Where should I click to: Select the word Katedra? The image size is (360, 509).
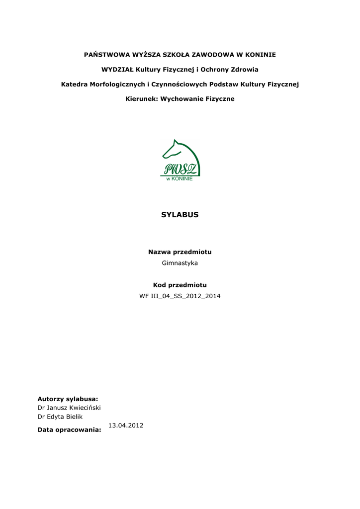tap(74, 85)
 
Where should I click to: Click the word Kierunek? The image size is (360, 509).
tap(141, 99)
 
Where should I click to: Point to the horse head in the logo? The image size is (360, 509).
tap(179, 151)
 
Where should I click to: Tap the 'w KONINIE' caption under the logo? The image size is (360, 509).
tap(180, 178)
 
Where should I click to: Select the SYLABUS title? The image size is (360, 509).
tap(180, 215)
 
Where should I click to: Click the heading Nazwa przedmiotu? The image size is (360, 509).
tap(180, 252)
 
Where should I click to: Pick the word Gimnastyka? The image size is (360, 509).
tap(180, 263)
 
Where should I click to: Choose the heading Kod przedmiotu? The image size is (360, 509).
tap(180, 285)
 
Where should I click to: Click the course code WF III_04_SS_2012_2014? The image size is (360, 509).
tap(180, 296)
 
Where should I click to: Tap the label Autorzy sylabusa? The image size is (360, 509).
tap(68, 399)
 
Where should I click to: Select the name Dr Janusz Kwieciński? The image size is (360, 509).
tap(69, 408)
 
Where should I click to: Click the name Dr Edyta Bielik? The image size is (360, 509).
tap(60, 417)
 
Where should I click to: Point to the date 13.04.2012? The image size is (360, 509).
tap(126, 425)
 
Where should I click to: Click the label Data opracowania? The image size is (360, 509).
tap(69, 430)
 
